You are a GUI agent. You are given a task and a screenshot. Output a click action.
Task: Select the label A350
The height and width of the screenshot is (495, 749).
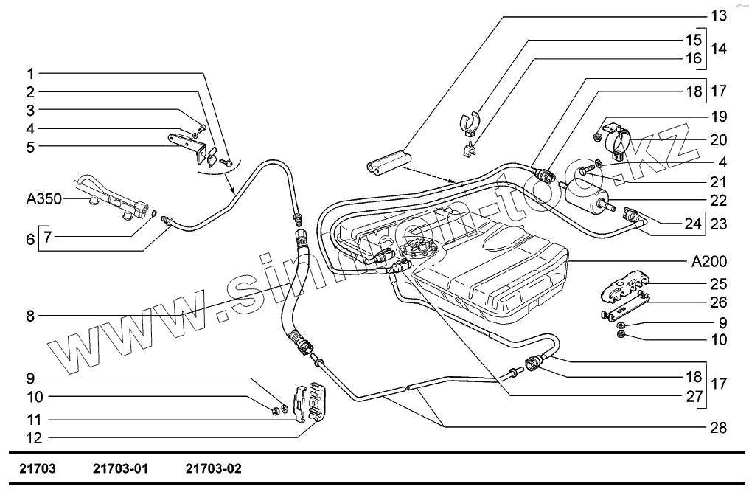(43, 199)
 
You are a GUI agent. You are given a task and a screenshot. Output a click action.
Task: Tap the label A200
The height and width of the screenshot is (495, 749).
(709, 261)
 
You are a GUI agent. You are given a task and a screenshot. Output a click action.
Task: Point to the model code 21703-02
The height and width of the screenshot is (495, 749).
(214, 468)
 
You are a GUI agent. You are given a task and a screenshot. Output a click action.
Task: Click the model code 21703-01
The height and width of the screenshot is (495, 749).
(121, 468)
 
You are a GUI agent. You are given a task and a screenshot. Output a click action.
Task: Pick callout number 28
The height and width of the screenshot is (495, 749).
(718, 427)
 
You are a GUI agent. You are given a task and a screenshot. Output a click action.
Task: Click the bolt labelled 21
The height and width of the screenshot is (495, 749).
(587, 170)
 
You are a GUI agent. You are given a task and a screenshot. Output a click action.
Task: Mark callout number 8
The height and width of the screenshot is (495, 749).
(30, 316)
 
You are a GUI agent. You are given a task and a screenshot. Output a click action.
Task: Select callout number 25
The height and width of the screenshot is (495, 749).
(718, 283)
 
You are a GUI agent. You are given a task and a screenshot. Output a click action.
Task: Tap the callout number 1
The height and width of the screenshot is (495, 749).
(30, 74)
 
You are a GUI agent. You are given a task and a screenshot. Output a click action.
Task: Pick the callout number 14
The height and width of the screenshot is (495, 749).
(718, 49)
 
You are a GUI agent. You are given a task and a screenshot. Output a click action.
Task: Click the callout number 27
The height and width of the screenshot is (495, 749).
(694, 395)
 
